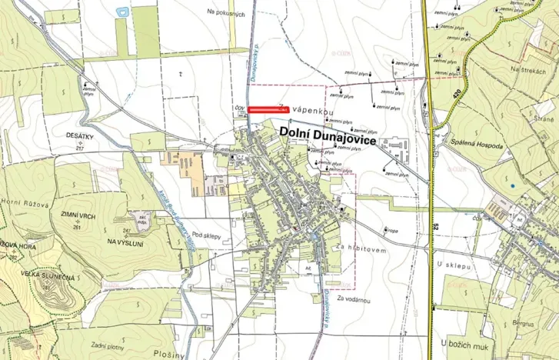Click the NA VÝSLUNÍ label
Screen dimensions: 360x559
coord(125,242)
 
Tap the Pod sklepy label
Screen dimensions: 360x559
coord(208,235)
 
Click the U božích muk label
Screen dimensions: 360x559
coord(464,341)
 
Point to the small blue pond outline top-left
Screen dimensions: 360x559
coord(120,11)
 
